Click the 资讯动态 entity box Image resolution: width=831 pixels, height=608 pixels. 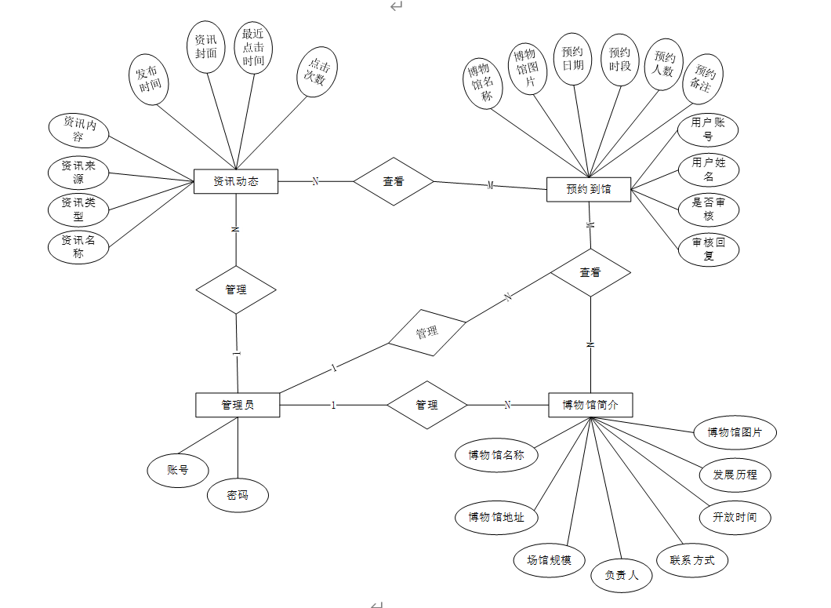click(236, 181)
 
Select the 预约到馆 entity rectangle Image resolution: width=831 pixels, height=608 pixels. click(589, 189)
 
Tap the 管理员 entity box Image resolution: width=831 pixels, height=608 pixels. click(237, 405)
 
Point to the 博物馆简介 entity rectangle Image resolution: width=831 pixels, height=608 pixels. click(590, 405)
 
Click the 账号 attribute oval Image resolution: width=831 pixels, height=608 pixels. click(178, 470)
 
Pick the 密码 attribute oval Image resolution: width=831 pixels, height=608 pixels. click(238, 495)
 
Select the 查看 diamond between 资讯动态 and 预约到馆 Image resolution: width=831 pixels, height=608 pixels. click(394, 181)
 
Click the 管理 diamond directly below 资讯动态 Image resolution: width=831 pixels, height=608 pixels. click(236, 289)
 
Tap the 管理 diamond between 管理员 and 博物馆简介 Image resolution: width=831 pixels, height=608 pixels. click(426, 405)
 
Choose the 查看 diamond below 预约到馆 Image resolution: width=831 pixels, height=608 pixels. click(590, 272)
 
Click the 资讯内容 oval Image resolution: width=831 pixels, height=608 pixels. click(78, 130)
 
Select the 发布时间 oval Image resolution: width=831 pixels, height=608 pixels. click(149, 78)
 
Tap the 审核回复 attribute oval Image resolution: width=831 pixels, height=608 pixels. click(708, 249)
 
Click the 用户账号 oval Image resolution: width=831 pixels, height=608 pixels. click(708, 129)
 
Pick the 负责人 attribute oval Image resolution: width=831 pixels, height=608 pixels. click(622, 575)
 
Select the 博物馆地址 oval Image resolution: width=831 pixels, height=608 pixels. click(497, 517)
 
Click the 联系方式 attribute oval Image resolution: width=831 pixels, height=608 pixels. click(692, 560)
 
